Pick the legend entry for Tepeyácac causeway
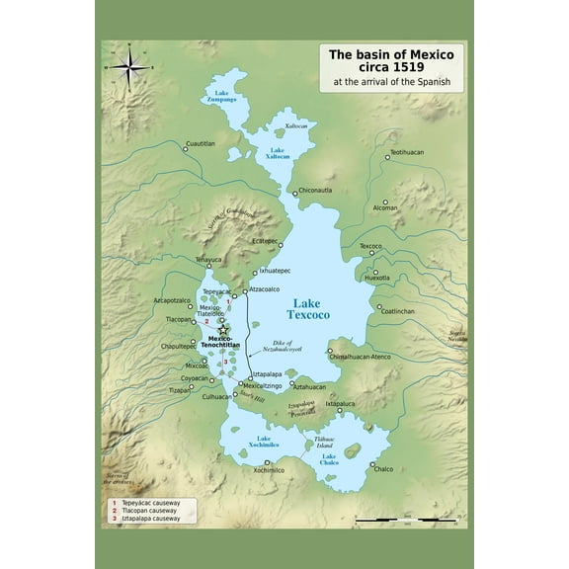click(x=151, y=503)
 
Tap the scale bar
click(x=405, y=518)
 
